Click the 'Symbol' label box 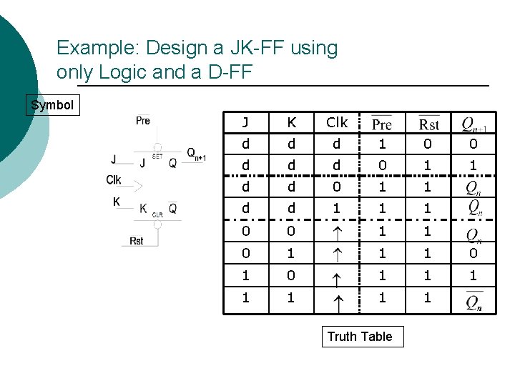52,106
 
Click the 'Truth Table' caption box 360,337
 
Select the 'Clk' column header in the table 336,123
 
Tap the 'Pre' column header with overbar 382,124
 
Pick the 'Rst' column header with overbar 428,124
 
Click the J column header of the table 245,123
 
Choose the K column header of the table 291,123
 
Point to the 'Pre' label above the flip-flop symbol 143,121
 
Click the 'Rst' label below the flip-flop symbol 137,241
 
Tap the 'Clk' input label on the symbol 114,179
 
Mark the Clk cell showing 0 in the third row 336,187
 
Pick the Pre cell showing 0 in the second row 382,166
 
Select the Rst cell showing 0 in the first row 428,144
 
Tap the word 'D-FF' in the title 232,73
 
